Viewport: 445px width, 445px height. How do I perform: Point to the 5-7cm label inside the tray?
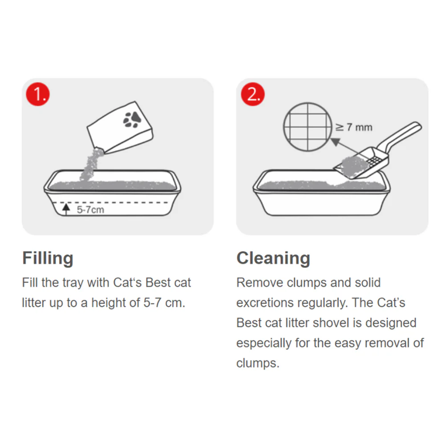(90, 210)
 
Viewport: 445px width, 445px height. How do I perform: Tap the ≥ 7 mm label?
(354, 127)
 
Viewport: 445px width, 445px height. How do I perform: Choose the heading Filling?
(48, 258)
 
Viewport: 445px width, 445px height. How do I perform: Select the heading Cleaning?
(273, 258)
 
